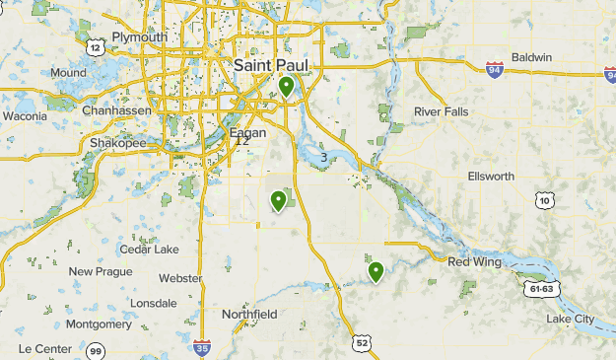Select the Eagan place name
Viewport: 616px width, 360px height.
pos(248,132)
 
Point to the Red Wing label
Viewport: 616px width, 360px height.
pos(475,261)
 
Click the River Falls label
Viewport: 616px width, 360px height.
pos(443,111)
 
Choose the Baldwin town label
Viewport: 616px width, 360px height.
pos(532,57)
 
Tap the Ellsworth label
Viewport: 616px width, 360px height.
pos(491,177)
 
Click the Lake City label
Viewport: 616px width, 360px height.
pos(571,319)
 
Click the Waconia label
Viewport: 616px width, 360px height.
pos(25,115)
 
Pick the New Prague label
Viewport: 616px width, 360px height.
pos(100,271)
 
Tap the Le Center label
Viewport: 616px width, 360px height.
pos(45,348)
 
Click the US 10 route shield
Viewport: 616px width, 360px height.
pos(545,200)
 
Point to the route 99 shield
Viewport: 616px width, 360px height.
pos(96,350)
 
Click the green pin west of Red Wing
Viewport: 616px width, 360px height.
pos(376,271)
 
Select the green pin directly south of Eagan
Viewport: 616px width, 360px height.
pos(279,201)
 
